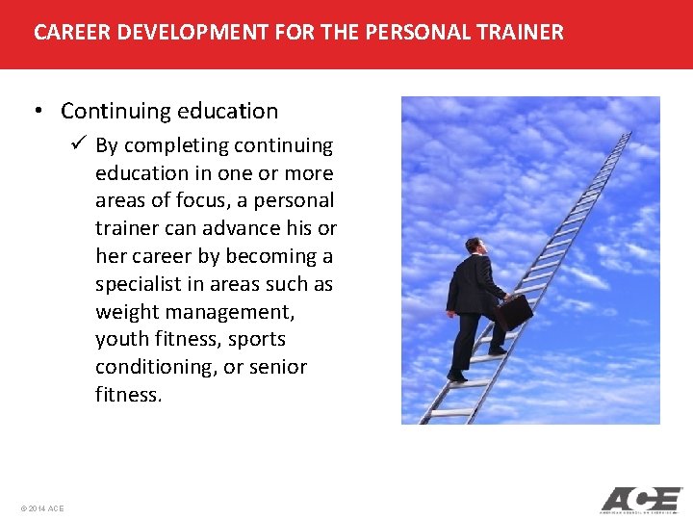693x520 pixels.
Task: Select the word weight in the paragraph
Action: tap(124, 312)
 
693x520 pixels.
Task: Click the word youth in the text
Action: tap(119, 340)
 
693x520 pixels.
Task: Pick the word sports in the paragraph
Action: tap(257, 340)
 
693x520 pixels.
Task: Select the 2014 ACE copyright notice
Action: tap(41, 507)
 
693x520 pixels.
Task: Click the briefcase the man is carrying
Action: tap(515, 311)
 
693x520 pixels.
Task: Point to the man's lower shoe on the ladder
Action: tap(457, 377)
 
